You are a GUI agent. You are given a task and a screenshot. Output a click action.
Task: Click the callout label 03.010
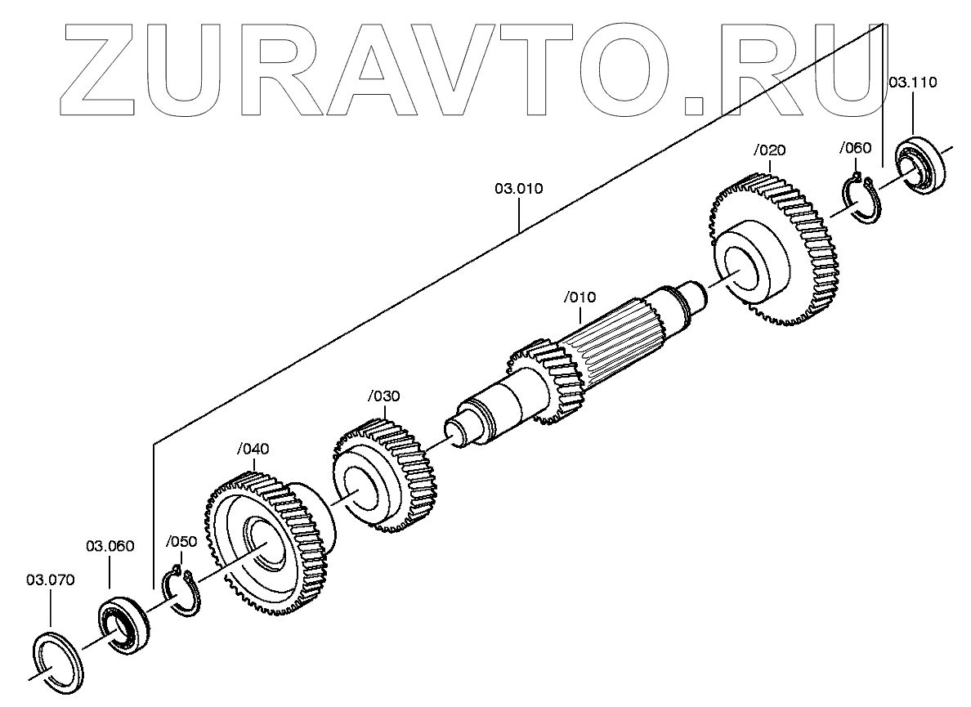pyautogui.click(x=518, y=190)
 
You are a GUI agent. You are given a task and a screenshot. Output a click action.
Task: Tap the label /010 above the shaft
pyautogui.click(x=580, y=296)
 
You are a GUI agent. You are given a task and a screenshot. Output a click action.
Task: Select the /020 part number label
pyautogui.click(x=769, y=150)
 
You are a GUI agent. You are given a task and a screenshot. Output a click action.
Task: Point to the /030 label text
pyautogui.click(x=383, y=396)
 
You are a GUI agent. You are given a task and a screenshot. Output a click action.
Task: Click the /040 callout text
pyautogui.click(x=253, y=449)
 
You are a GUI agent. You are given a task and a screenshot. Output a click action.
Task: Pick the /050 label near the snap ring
pyautogui.click(x=181, y=542)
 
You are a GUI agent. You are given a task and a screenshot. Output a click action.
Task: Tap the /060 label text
pyautogui.click(x=856, y=148)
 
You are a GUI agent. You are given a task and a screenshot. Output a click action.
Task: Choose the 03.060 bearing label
pyautogui.click(x=110, y=545)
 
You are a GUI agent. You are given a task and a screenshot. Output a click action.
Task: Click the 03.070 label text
pyautogui.click(x=51, y=580)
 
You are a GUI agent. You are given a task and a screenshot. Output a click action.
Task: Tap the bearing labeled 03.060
pyautogui.click(x=124, y=623)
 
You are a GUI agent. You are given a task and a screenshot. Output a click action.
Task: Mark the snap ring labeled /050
pyautogui.click(x=181, y=593)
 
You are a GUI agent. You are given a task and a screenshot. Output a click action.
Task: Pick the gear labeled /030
pyautogui.click(x=384, y=474)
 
